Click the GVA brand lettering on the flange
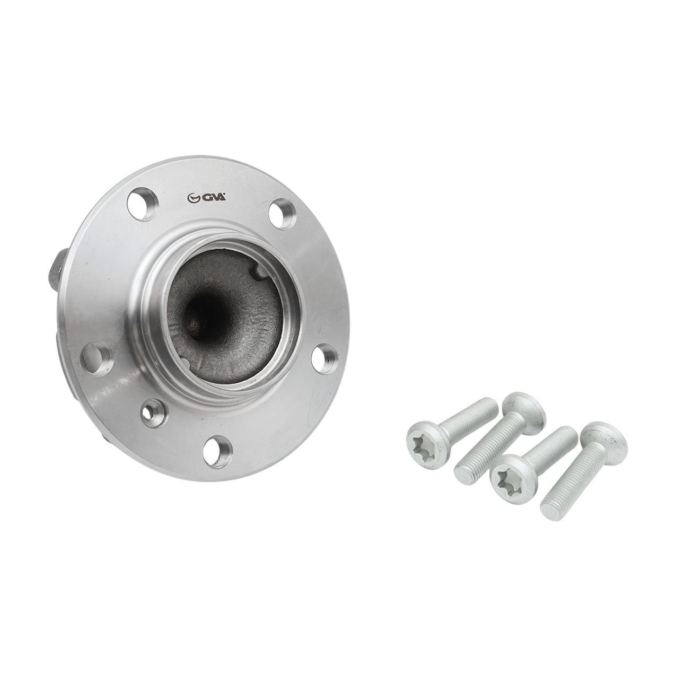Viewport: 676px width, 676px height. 213,198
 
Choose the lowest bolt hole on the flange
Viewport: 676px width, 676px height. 218,451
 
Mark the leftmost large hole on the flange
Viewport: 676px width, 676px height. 96,363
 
